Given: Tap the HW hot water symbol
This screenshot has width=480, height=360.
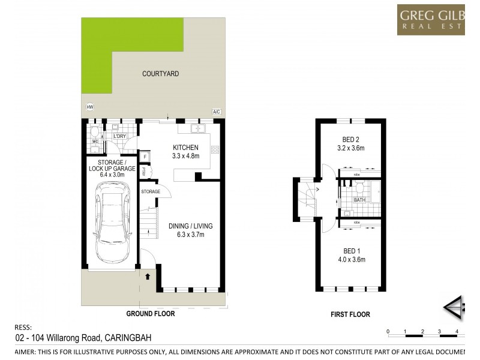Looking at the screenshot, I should click(90, 107).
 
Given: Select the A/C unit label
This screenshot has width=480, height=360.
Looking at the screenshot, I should click(216, 112).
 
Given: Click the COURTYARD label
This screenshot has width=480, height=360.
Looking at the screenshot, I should click(160, 74).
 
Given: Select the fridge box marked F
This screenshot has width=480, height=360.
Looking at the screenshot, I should click(145, 157).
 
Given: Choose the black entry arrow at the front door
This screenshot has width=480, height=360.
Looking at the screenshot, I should click(146, 277).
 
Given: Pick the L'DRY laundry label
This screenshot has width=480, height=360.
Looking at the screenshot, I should click(119, 137).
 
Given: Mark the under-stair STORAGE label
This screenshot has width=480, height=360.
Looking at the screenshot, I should click(151, 191).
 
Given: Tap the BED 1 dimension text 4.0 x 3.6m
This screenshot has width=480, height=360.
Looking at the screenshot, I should click(350, 260).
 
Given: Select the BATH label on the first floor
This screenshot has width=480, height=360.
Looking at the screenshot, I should click(359, 200).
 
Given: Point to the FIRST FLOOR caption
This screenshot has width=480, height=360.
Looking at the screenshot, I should click(350, 314).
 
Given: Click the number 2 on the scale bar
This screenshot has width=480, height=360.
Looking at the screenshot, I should click(422, 331).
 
